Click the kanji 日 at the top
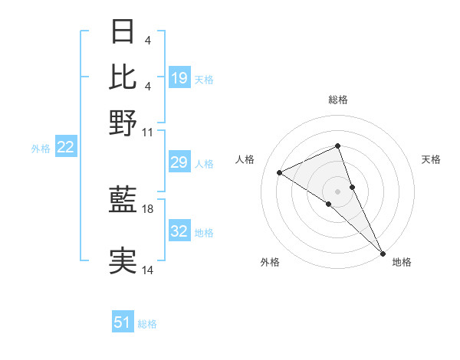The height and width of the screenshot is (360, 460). point(123,32)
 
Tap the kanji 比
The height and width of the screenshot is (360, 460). point(123,77)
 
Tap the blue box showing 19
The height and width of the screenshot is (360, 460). point(179,77)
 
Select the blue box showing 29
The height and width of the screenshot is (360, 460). point(179,162)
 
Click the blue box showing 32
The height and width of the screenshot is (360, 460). point(179,231)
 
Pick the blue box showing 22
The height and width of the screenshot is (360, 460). point(65,147)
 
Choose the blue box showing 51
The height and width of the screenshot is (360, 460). point(123,322)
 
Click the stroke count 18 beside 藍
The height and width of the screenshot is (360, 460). point(148,208)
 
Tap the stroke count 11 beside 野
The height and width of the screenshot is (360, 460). point(148,132)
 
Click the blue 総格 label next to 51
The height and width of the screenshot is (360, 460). point(147,324)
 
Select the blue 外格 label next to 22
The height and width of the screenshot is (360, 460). point(41,149)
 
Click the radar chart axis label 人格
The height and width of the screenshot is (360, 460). point(245,159)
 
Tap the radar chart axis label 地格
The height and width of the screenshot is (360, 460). point(402,263)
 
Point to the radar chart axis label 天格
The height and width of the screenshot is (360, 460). point(431,159)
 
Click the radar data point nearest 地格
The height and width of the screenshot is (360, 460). point(382,252)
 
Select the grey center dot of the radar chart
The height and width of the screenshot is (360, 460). point(337,190)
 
